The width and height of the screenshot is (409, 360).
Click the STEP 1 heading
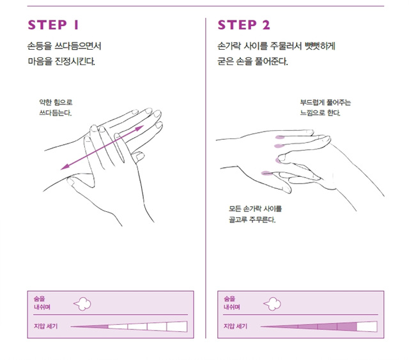(53, 25)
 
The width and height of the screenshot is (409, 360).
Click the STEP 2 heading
(244, 25)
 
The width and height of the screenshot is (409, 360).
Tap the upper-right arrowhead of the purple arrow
(140, 128)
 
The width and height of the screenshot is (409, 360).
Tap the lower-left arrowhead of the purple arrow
(65, 167)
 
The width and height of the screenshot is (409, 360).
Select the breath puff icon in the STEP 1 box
(82, 304)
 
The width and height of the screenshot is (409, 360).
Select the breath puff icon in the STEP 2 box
(272, 304)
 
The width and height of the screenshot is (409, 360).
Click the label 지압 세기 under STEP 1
(45, 326)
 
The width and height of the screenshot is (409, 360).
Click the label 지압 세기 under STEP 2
(235, 326)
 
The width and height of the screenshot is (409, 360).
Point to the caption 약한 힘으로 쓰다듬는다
(56, 108)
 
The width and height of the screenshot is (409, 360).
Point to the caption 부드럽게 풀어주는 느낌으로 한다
(325, 108)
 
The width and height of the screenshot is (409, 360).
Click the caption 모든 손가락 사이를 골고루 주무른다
(256, 214)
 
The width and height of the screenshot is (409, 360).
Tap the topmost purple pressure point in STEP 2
(280, 137)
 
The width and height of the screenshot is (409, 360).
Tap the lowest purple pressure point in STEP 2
(266, 173)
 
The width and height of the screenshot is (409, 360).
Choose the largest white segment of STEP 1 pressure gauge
(177, 327)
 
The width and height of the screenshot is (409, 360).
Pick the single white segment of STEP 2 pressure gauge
(367, 327)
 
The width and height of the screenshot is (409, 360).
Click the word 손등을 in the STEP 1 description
(40, 46)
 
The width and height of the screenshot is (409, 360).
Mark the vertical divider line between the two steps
(206, 178)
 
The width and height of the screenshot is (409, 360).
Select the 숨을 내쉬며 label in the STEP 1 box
(42, 303)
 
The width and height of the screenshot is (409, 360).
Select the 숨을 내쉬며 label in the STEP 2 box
(232, 303)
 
